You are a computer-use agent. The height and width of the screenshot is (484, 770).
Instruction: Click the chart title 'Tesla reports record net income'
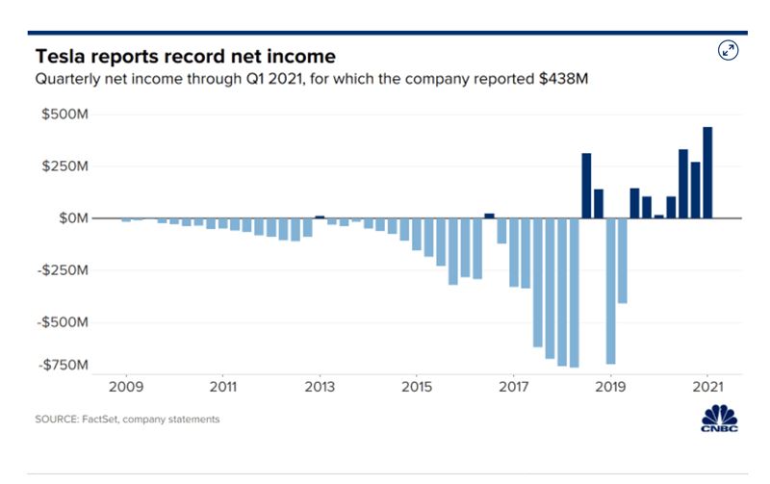[185, 56]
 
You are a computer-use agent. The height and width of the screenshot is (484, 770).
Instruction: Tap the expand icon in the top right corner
[729, 51]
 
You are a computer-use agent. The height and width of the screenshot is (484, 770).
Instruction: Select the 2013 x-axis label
[320, 387]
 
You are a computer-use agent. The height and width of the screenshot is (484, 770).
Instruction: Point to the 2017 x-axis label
[514, 387]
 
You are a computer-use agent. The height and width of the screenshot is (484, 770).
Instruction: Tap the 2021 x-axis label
[707, 387]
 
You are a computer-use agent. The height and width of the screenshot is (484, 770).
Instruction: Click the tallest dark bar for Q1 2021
[707, 172]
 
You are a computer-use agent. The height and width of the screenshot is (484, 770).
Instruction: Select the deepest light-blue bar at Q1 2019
[610, 291]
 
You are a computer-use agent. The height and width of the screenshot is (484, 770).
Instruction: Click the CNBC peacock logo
[719, 420]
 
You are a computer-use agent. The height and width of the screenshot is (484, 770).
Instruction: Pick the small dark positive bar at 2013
[321, 217]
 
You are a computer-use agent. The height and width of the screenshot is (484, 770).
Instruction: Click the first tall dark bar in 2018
[586, 186]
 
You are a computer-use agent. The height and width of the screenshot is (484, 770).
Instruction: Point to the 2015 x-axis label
[417, 387]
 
